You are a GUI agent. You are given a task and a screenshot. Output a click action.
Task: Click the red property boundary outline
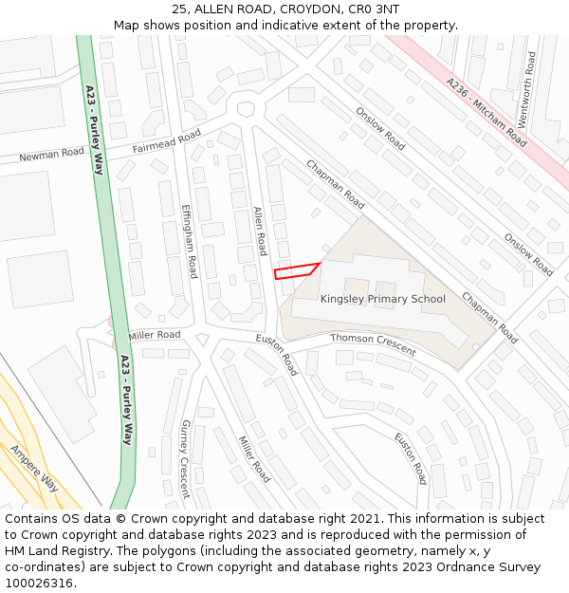pyautogui.click(x=296, y=270)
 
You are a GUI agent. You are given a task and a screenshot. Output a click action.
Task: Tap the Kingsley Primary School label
pyautogui.click(x=382, y=299)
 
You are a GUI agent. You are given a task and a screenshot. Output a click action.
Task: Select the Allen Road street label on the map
pyautogui.click(x=260, y=232)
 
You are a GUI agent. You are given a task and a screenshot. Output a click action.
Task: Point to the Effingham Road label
pyautogui.click(x=190, y=242)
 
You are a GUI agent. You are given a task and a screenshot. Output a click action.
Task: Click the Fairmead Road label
pyautogui.click(x=167, y=141)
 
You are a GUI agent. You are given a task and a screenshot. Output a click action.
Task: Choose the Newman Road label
pyautogui.click(x=51, y=155)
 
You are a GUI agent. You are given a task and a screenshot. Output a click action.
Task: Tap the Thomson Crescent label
pyautogui.click(x=373, y=344)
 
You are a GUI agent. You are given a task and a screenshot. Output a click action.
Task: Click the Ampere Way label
pyautogui.click(x=34, y=469)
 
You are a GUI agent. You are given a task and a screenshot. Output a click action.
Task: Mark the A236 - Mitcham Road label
pyautogui.click(x=486, y=112)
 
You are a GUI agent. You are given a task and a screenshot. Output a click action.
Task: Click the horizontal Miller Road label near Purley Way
pyautogui.click(x=155, y=335)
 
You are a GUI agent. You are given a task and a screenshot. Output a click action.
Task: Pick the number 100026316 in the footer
pyautogui.click(x=38, y=584)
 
